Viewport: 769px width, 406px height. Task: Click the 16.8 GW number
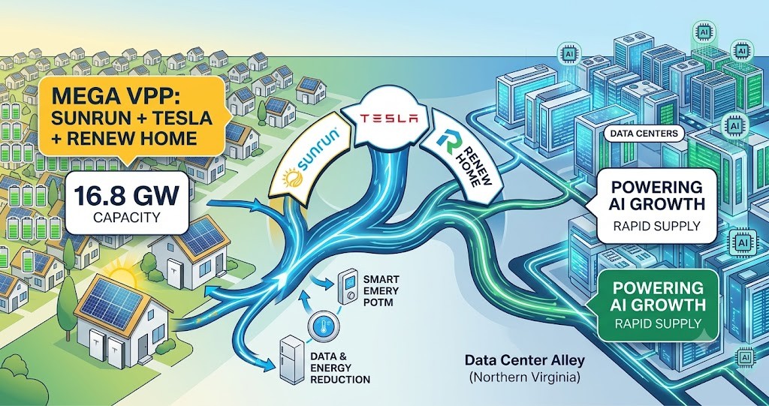[x=126, y=196]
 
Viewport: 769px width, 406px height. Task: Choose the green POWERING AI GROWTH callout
[x=654, y=305]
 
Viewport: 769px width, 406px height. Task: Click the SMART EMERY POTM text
[x=381, y=290]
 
